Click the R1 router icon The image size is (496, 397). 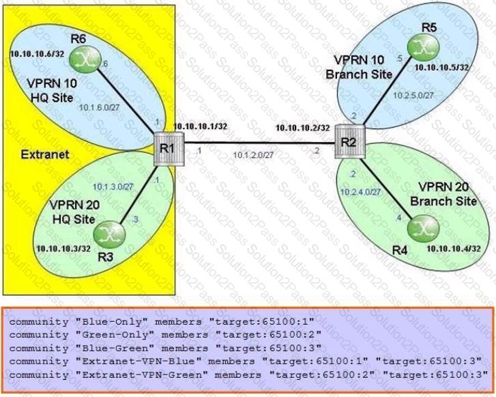[x=169, y=149]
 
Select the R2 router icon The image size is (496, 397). [x=350, y=141]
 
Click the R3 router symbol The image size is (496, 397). [x=109, y=235]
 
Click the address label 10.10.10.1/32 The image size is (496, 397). [x=200, y=126]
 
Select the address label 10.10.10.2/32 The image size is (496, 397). [x=303, y=128]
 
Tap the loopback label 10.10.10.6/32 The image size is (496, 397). [x=37, y=54]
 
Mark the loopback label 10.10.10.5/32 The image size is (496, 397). [x=441, y=67]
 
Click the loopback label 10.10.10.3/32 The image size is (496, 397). [x=63, y=248]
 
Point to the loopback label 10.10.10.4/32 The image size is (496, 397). [x=454, y=249]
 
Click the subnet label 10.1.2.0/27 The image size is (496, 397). [x=253, y=155]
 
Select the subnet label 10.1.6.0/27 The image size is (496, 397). [x=100, y=108]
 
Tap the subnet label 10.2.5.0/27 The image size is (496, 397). [x=413, y=95]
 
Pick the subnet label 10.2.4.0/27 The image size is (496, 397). [x=360, y=192]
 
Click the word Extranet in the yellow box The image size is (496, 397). [x=45, y=154]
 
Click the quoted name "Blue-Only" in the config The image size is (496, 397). [x=112, y=322]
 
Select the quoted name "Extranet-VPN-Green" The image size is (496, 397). [x=142, y=375]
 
